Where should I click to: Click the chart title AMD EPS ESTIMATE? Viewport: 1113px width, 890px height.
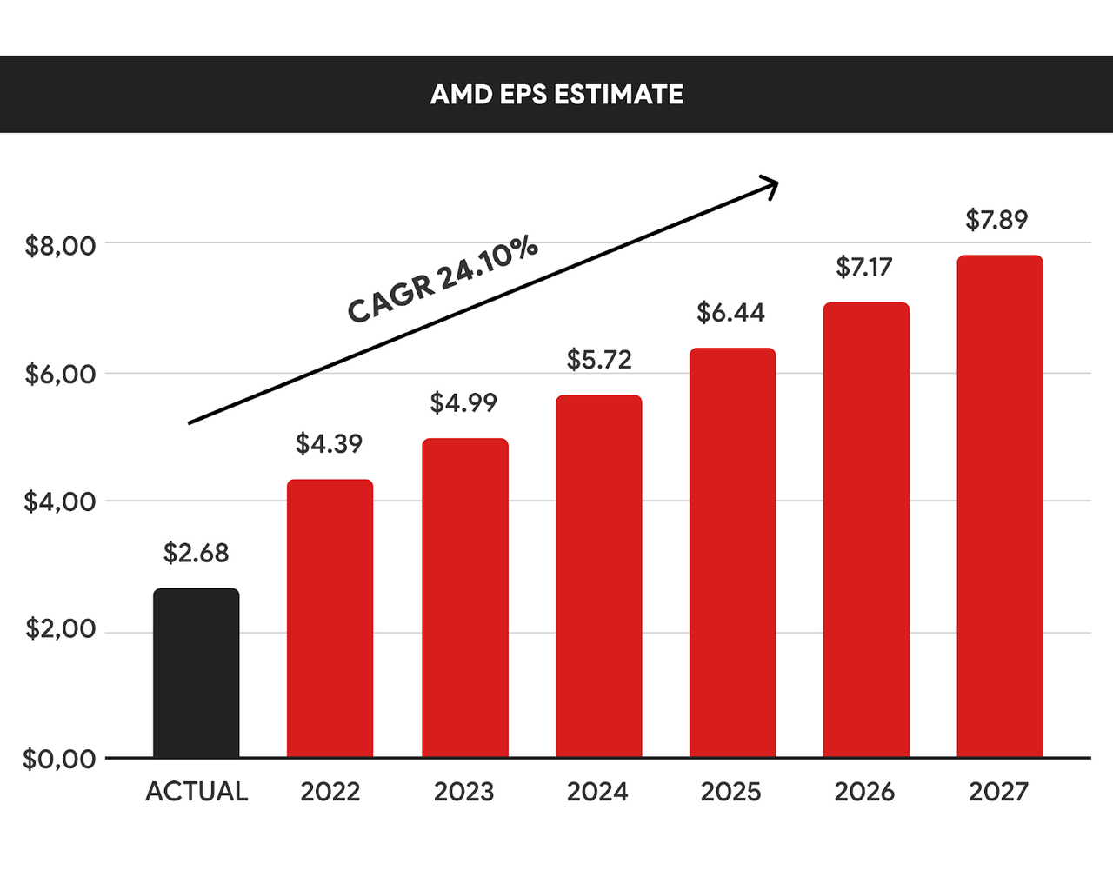556,94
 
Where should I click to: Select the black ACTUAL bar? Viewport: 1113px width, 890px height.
197,673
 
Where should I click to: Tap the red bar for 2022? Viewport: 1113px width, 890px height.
330,618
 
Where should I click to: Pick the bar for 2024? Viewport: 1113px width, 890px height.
598,576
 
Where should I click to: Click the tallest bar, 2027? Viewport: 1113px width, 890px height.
999,506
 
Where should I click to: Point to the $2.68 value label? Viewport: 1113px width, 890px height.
197,553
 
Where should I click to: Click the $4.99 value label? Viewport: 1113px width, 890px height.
463,403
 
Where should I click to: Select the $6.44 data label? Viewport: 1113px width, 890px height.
730,313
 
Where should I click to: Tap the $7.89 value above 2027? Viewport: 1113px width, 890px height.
996,220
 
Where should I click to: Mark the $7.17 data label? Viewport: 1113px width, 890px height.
863,267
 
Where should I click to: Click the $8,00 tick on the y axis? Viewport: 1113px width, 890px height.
60,246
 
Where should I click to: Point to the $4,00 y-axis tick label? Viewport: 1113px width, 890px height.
60,501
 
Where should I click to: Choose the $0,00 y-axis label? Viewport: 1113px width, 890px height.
59,759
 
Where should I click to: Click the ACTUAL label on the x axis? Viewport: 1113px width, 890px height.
197,792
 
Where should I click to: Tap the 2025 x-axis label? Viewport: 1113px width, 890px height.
730,792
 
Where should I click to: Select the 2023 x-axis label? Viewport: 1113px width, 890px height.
463,792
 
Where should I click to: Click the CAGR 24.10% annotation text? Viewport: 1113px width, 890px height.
442,280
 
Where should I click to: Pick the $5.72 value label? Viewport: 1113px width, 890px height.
599,360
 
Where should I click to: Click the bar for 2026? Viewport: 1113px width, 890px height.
866,529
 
